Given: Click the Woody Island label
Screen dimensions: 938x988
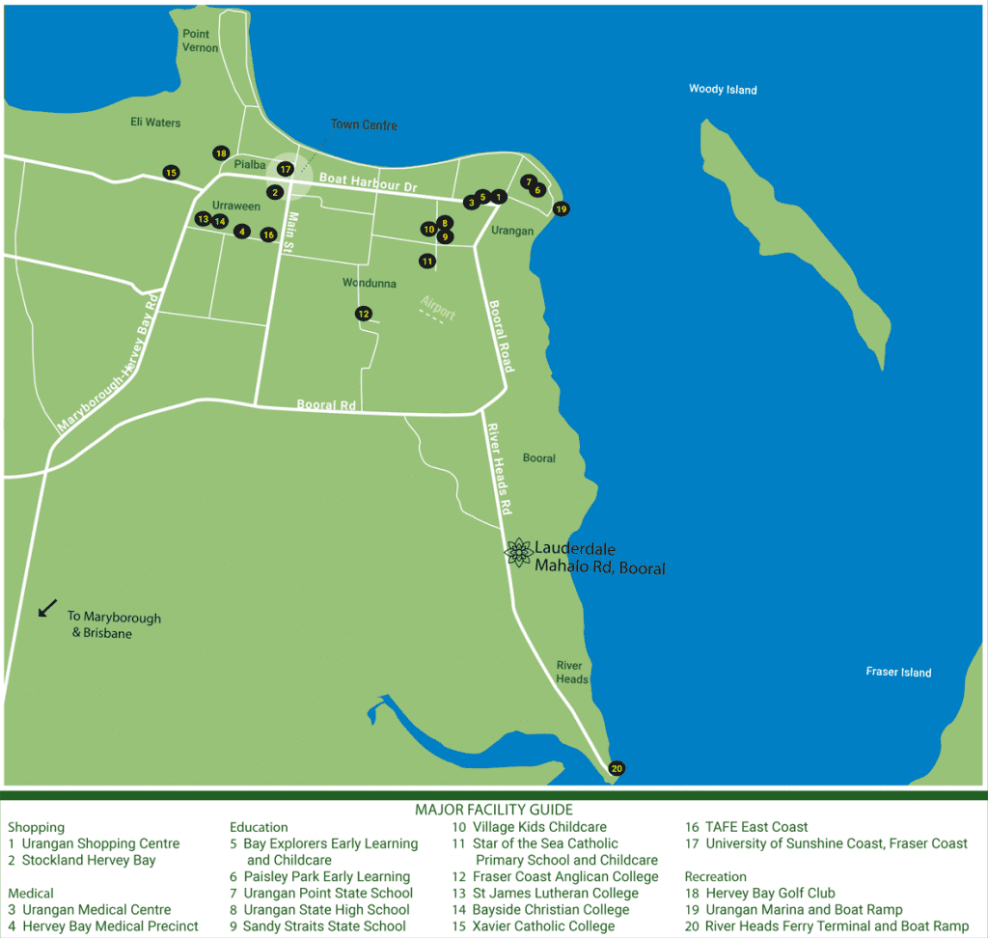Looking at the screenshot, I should click(x=723, y=90).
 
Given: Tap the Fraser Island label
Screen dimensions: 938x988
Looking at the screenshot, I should click(x=898, y=672).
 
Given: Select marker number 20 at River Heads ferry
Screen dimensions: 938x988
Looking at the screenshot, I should click(x=617, y=769).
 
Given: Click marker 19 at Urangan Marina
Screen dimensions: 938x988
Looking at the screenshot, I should click(x=562, y=208).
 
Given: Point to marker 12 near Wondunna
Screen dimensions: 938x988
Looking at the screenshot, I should click(x=363, y=314).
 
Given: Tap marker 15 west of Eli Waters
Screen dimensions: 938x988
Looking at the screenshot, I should click(x=171, y=173).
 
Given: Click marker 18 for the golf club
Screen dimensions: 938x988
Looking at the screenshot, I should click(x=221, y=153).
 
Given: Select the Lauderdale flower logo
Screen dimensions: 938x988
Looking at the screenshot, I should click(x=518, y=552).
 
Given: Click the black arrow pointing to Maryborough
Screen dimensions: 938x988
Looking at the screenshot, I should click(x=46, y=609).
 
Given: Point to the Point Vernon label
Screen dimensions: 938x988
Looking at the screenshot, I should click(x=201, y=41).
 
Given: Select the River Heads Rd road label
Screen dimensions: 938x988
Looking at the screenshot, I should click(x=499, y=467).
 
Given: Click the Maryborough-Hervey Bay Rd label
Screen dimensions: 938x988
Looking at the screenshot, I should click(x=107, y=363).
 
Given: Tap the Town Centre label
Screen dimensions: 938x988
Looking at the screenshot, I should click(x=364, y=125).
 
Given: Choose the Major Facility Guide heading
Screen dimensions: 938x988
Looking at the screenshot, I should click(x=493, y=810).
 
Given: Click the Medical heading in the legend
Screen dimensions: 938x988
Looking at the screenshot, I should click(x=31, y=894).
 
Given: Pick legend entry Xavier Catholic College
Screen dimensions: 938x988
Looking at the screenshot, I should click(x=542, y=926).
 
